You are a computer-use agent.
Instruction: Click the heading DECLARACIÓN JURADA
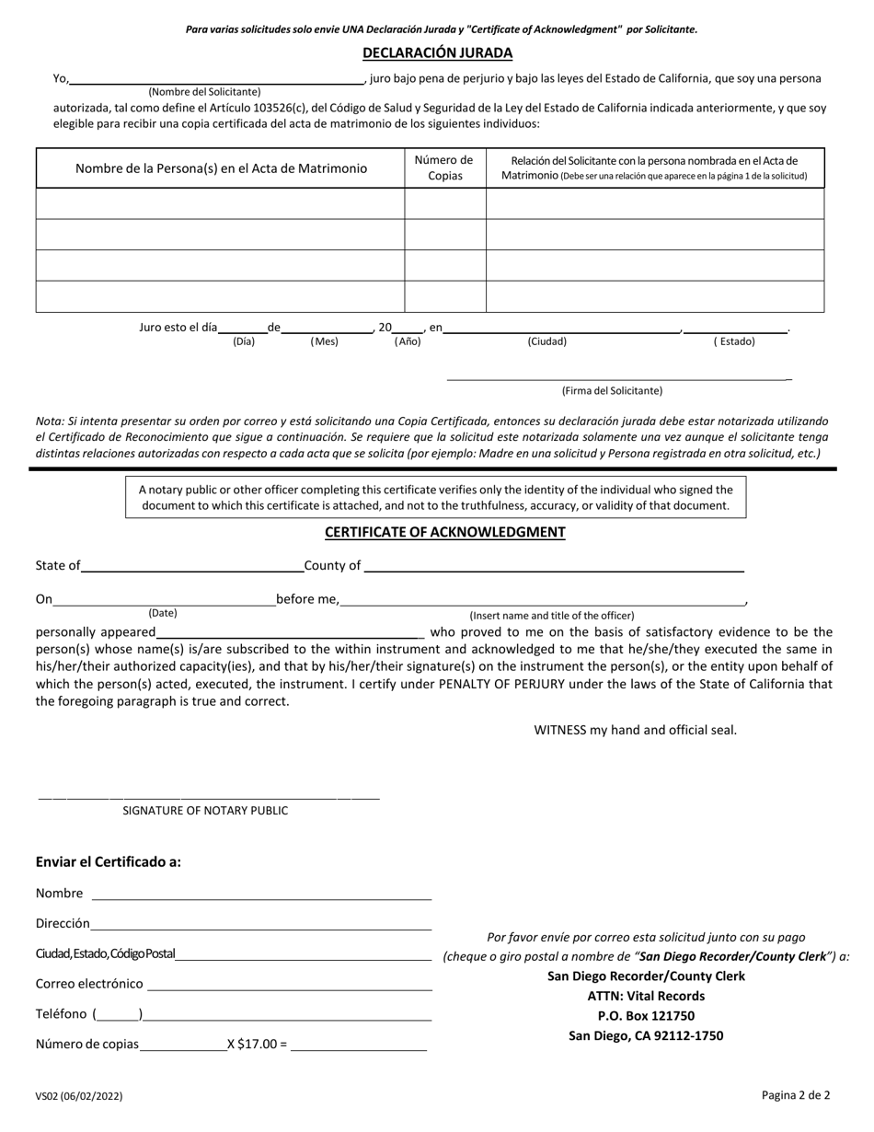[437, 53]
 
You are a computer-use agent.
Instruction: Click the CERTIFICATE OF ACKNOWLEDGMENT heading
[444, 533]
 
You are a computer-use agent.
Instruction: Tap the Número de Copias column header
[445, 167]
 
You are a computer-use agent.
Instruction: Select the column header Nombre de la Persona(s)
[221, 168]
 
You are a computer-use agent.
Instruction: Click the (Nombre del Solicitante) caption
[204, 92]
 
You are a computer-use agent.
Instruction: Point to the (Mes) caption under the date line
[324, 341]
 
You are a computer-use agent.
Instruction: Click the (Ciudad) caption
[546, 341]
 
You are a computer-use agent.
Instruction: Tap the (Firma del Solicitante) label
[612, 391]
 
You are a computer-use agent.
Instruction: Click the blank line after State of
[192, 567]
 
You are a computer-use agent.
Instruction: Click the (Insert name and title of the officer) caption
[552, 616]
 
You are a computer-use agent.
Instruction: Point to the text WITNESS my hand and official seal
[636, 731]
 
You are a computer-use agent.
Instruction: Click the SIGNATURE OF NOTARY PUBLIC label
[205, 811]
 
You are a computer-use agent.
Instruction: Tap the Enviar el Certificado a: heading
[109, 862]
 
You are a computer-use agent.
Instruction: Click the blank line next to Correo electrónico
[289, 985]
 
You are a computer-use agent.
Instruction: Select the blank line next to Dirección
[261, 925]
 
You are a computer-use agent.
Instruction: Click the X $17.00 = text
[257, 1045]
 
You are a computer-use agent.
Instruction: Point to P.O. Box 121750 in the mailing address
[646, 1016]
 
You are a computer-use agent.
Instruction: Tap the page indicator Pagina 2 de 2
[796, 1095]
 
